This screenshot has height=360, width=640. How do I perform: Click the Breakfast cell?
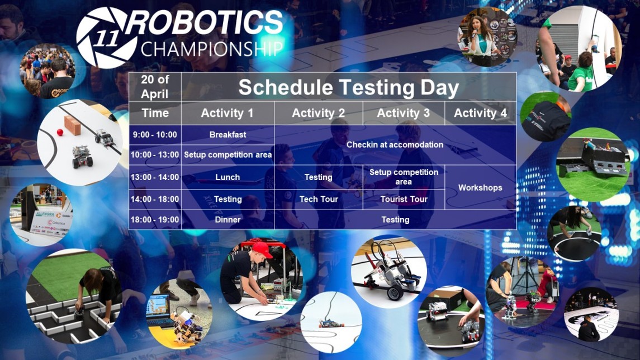(227, 135)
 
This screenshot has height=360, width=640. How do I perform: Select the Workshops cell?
(480, 188)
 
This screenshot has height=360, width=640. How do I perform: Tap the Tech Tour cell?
(319, 199)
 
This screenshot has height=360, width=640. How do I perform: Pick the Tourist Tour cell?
(404, 199)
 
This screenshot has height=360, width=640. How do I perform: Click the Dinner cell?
(227, 220)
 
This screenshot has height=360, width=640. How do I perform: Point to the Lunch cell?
(227, 177)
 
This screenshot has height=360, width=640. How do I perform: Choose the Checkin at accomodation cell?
(395, 144)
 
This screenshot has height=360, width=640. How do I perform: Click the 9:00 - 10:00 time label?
(155, 135)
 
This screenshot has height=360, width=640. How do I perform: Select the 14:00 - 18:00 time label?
(155, 199)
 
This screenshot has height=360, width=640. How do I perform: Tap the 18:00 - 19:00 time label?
(155, 220)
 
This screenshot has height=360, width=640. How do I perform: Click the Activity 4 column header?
(480, 113)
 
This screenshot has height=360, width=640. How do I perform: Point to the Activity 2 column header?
(319, 113)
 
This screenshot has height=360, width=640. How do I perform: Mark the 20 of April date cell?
(155, 87)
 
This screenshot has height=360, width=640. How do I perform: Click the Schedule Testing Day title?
(349, 87)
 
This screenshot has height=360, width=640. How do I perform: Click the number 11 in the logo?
(106, 39)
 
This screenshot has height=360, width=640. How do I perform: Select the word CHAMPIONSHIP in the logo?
(211, 49)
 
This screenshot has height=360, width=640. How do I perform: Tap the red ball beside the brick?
(60, 132)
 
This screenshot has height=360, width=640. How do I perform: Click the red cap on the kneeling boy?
(262, 250)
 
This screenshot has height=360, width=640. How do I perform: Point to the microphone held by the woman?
(475, 34)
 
